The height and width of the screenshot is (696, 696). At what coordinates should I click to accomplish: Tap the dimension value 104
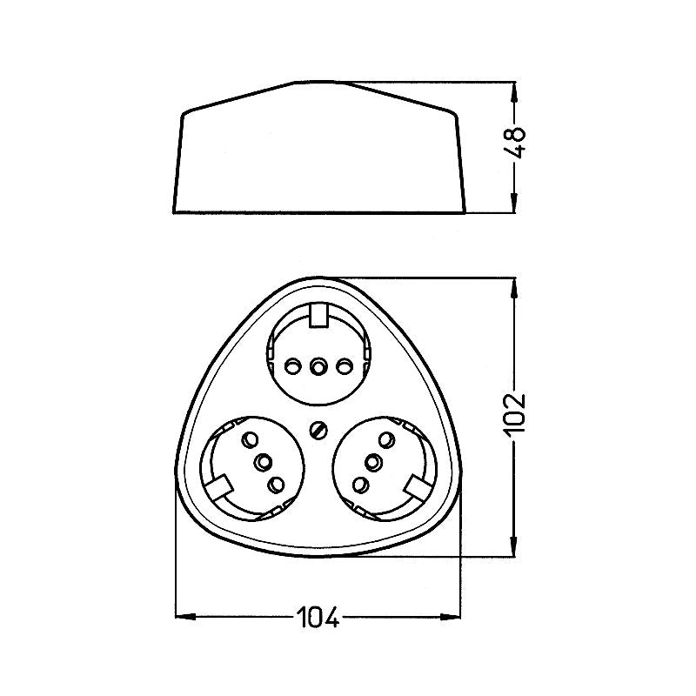click(318, 618)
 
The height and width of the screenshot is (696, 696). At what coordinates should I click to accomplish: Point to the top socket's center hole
click(318, 366)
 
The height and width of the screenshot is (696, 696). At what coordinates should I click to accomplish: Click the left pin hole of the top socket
click(292, 365)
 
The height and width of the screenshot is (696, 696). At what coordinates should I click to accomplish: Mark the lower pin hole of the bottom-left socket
click(277, 485)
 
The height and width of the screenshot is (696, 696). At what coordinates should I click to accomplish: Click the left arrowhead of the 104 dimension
click(182, 618)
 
